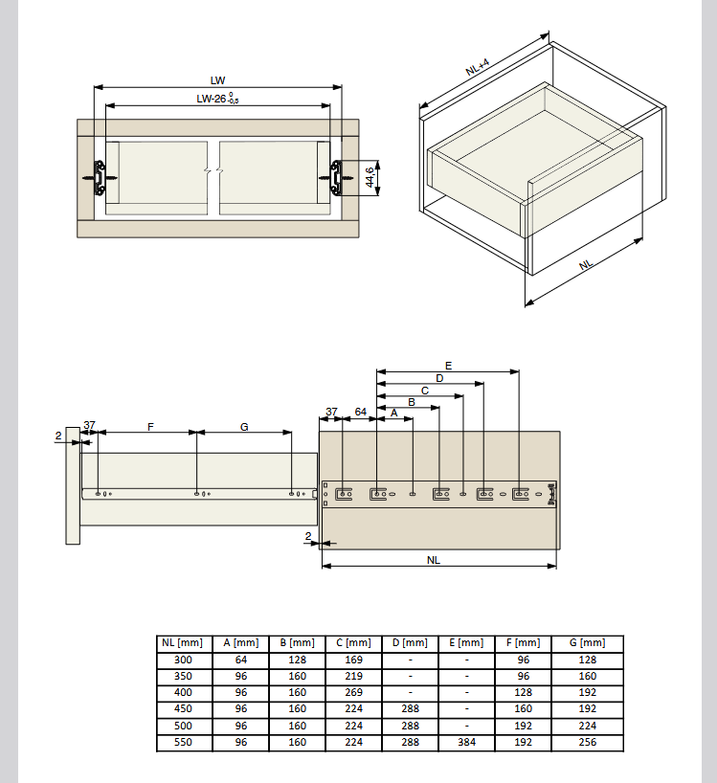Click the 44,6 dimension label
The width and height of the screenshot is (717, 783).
click(x=370, y=178)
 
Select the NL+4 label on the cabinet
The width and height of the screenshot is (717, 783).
click(x=478, y=67)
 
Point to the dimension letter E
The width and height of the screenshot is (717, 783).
click(x=448, y=366)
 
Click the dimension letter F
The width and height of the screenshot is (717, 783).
click(x=150, y=427)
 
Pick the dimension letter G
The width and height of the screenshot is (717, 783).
click(x=244, y=427)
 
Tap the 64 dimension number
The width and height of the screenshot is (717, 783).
click(x=361, y=412)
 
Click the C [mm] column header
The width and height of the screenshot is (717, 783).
click(x=353, y=643)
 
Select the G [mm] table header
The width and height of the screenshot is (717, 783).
click(x=587, y=643)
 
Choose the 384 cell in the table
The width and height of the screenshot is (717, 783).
click(x=467, y=743)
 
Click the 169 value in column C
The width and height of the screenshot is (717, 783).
click(x=353, y=660)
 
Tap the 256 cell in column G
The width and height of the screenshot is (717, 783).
click(x=587, y=743)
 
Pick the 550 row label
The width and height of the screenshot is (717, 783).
click(x=183, y=743)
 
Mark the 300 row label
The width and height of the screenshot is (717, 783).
click(x=183, y=660)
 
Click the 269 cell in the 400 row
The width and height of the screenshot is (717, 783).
click(x=353, y=693)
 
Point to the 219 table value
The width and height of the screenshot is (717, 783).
click(x=353, y=676)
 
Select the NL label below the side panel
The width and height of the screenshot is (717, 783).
click(x=434, y=560)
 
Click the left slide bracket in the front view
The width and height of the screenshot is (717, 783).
click(x=100, y=178)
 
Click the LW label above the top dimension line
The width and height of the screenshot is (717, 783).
click(x=217, y=80)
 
